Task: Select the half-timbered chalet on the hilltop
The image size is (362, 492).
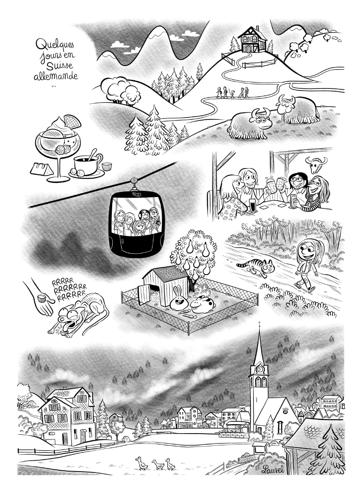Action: tap(253, 41)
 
